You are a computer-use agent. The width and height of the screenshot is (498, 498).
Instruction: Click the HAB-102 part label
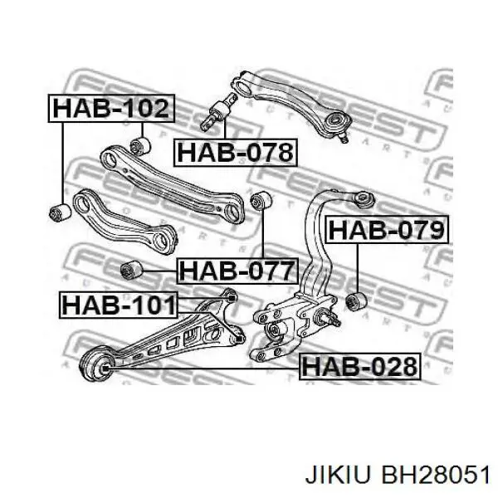[x=111, y=108]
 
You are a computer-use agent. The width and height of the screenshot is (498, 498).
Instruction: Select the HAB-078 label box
[x=236, y=153]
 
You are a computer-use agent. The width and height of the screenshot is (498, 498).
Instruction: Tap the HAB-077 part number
[x=237, y=271]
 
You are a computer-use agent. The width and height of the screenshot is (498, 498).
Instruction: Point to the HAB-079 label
[x=387, y=230]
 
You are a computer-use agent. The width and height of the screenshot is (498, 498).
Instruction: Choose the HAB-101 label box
[x=119, y=305]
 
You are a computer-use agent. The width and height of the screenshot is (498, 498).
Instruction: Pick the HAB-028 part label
[x=360, y=367]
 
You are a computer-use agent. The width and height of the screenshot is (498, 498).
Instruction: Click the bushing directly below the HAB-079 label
[x=356, y=301]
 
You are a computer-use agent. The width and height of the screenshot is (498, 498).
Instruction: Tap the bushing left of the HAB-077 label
[x=131, y=270]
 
